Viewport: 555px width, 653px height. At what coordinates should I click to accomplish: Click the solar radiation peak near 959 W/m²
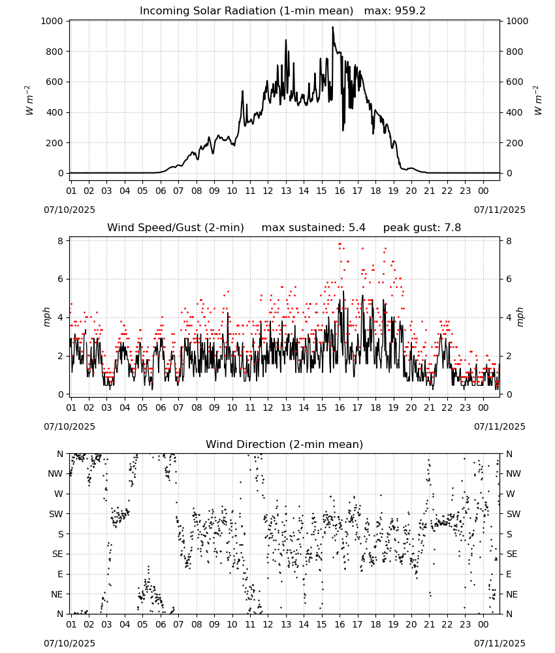pyautogui.click(x=332, y=27)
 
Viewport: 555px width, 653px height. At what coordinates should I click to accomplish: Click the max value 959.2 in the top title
pyautogui.click(x=410, y=11)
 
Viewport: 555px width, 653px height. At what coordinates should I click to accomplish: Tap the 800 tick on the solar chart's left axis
pyautogui.click(x=55, y=52)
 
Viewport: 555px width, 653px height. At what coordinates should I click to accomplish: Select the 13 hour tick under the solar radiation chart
pyautogui.click(x=286, y=191)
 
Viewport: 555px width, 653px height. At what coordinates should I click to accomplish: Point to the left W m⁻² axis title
pyautogui.click(x=29, y=101)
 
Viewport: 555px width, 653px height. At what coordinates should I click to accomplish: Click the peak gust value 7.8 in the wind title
pyautogui.click(x=453, y=227)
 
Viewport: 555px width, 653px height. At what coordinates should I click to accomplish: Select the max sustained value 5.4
pyautogui.click(x=358, y=227)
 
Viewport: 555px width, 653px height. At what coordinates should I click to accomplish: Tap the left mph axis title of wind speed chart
pyautogui.click(x=46, y=317)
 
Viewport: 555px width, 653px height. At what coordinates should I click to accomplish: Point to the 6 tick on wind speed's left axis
pyautogui.click(x=61, y=279)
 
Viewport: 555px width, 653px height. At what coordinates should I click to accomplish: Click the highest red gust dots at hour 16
pyautogui.click(x=340, y=244)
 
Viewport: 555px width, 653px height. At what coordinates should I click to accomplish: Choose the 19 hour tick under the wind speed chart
pyautogui.click(x=394, y=407)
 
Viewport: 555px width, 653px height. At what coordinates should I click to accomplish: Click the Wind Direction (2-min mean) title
pyautogui.click(x=285, y=444)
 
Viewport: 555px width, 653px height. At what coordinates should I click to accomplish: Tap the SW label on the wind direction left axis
pyautogui.click(x=55, y=514)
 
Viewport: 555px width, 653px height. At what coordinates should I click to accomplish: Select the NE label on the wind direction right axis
pyautogui.click(x=512, y=594)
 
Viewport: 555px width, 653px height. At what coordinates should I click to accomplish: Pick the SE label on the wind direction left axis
pyautogui.click(x=57, y=554)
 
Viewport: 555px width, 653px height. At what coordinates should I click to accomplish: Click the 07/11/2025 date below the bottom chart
pyautogui.click(x=499, y=643)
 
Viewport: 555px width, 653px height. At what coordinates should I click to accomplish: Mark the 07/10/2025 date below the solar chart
pyautogui.click(x=69, y=210)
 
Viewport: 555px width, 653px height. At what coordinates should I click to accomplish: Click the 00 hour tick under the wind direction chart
pyautogui.click(x=483, y=624)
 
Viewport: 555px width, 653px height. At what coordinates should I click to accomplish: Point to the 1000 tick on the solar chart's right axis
pyautogui.click(x=517, y=22)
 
